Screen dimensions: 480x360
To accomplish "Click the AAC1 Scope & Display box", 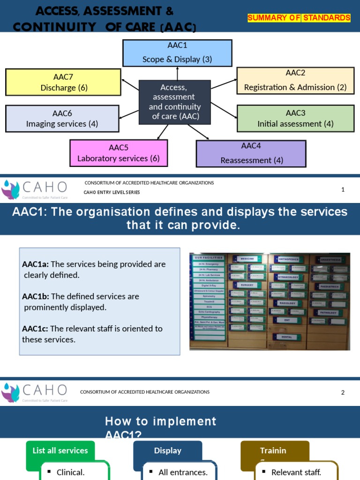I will [177, 52].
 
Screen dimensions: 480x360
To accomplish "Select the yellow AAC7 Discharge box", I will [64, 82].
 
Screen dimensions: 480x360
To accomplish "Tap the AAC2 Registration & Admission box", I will [295, 80].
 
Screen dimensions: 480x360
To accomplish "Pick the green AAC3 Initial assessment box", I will [295, 118].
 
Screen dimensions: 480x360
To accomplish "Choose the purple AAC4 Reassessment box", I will [251, 153].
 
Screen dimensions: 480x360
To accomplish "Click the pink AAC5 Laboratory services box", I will [119, 153].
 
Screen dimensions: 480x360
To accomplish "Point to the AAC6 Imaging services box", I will [62, 119].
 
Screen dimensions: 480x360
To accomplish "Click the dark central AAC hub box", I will [174, 102].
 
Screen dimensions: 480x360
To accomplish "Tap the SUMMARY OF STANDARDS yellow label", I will [299, 18].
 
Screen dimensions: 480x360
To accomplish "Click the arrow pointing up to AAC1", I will [177, 73].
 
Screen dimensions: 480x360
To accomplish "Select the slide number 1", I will [343, 189].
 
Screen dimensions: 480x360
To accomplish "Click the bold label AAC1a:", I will [35, 264].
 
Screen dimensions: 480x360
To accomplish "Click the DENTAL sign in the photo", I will [286, 337].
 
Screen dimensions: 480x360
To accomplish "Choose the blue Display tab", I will [167, 450].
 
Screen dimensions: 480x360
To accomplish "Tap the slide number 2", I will [343, 392].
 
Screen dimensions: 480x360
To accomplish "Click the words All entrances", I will [183, 472].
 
